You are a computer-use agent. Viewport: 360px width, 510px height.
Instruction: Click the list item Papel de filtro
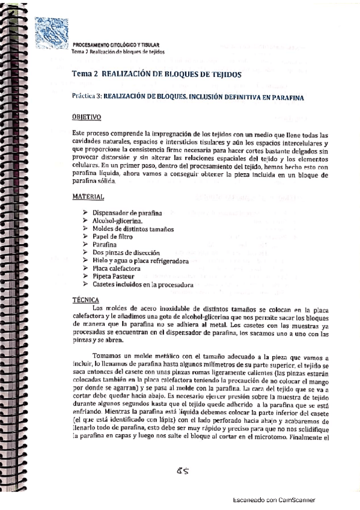click(113, 237)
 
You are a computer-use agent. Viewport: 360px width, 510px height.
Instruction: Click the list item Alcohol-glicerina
click(118, 221)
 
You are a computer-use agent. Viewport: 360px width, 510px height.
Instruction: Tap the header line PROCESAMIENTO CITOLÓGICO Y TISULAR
click(115, 46)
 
